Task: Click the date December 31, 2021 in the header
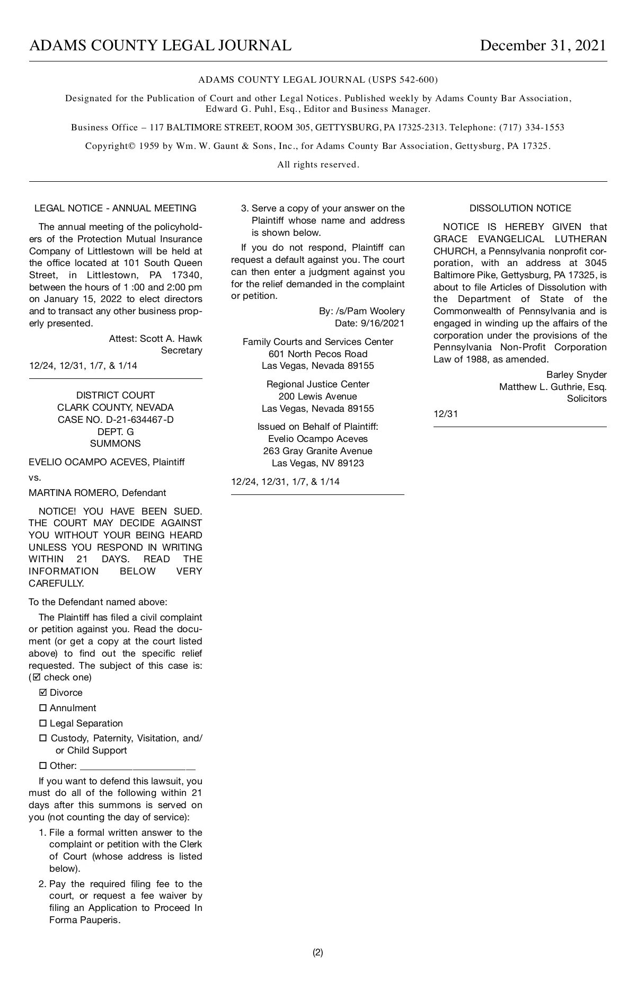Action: (543, 46)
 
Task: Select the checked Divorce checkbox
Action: (43, 693)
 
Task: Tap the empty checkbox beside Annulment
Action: (43, 708)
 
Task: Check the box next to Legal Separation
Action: (43, 723)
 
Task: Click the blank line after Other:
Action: (138, 767)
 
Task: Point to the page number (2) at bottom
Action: (317, 952)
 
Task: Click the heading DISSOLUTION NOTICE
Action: (520, 208)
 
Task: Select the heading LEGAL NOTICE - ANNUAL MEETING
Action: (115, 208)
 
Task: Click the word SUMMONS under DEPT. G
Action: (116, 444)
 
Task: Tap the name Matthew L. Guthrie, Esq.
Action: (553, 387)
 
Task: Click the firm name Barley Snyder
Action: (576, 375)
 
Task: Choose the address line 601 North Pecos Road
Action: (317, 354)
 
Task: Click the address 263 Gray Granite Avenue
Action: (317, 451)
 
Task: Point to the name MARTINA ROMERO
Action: (74, 493)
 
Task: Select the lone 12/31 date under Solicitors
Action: (446, 414)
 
